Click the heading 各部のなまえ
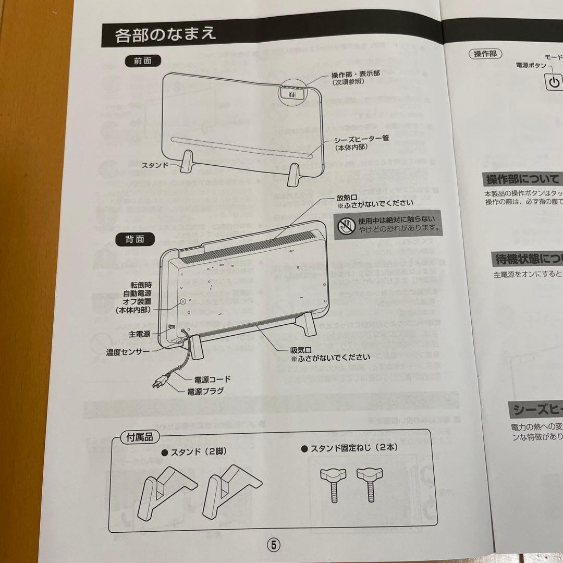(165, 35)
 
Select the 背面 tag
(134, 239)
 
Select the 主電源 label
(139, 334)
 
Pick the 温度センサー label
(128, 352)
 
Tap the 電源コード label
(212, 379)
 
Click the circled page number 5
(274, 544)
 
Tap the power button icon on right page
(554, 82)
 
